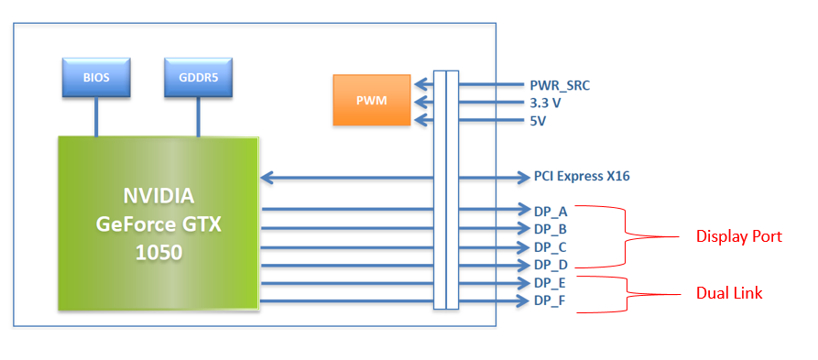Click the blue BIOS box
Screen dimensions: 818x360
pos(96,77)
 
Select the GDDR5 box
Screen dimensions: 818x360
pos(198,77)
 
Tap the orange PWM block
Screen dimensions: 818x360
pos(372,100)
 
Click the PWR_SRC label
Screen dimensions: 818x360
pos(560,86)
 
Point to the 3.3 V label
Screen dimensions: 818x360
pos(545,104)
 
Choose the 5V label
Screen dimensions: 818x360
pos(538,121)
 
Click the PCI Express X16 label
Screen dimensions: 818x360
pos(582,177)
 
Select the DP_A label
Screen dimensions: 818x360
pos(551,212)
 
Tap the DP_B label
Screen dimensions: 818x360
pos(551,229)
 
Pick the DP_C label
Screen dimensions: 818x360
pos(551,246)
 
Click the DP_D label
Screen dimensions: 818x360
pos(551,265)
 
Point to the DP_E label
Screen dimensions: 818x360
pos(551,283)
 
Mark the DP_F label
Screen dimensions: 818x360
pos(551,301)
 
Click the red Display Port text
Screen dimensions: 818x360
pos(739,236)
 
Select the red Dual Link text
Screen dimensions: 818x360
pos(729,293)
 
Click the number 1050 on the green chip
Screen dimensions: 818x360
pos(159,253)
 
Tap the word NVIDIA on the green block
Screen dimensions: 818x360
pos(159,197)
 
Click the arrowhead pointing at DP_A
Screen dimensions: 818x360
pos(525,210)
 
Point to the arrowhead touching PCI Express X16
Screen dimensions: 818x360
pos(525,178)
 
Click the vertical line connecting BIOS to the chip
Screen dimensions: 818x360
pos(96,117)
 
